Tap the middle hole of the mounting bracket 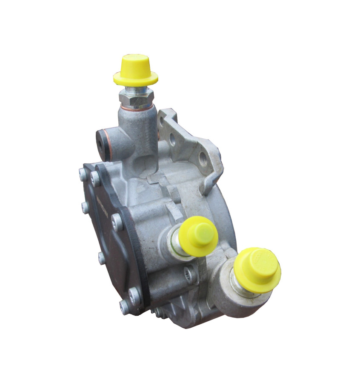coord(173,139)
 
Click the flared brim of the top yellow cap coord(136,78)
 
